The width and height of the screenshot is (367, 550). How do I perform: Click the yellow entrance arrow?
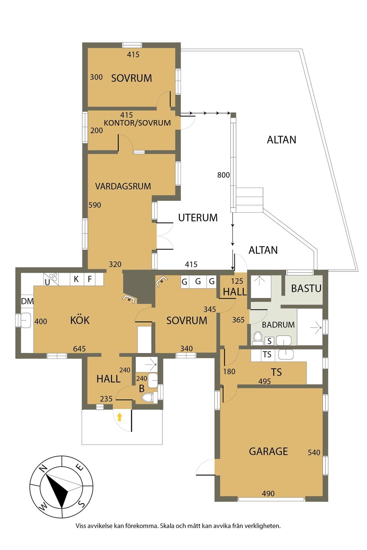(x=119, y=417)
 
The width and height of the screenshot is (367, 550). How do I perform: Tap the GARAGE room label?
(x=268, y=451)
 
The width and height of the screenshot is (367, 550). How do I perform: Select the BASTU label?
(x=306, y=289)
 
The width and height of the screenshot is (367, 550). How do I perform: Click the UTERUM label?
(x=198, y=218)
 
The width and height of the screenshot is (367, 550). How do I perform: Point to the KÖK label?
(x=80, y=320)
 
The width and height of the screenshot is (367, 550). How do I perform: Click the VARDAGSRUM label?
(x=123, y=186)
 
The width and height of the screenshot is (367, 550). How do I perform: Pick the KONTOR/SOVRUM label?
(x=137, y=123)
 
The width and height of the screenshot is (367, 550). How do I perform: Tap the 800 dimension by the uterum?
(x=223, y=175)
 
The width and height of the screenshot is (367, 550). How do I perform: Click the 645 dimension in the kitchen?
(x=79, y=349)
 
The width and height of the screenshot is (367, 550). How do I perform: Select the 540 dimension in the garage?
(x=314, y=453)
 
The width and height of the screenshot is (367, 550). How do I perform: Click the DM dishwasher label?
(x=27, y=301)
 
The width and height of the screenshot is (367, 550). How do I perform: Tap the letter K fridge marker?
(x=76, y=279)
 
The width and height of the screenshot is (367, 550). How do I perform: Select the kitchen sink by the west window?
(x=25, y=320)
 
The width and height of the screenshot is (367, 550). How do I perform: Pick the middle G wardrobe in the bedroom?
(x=198, y=281)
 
